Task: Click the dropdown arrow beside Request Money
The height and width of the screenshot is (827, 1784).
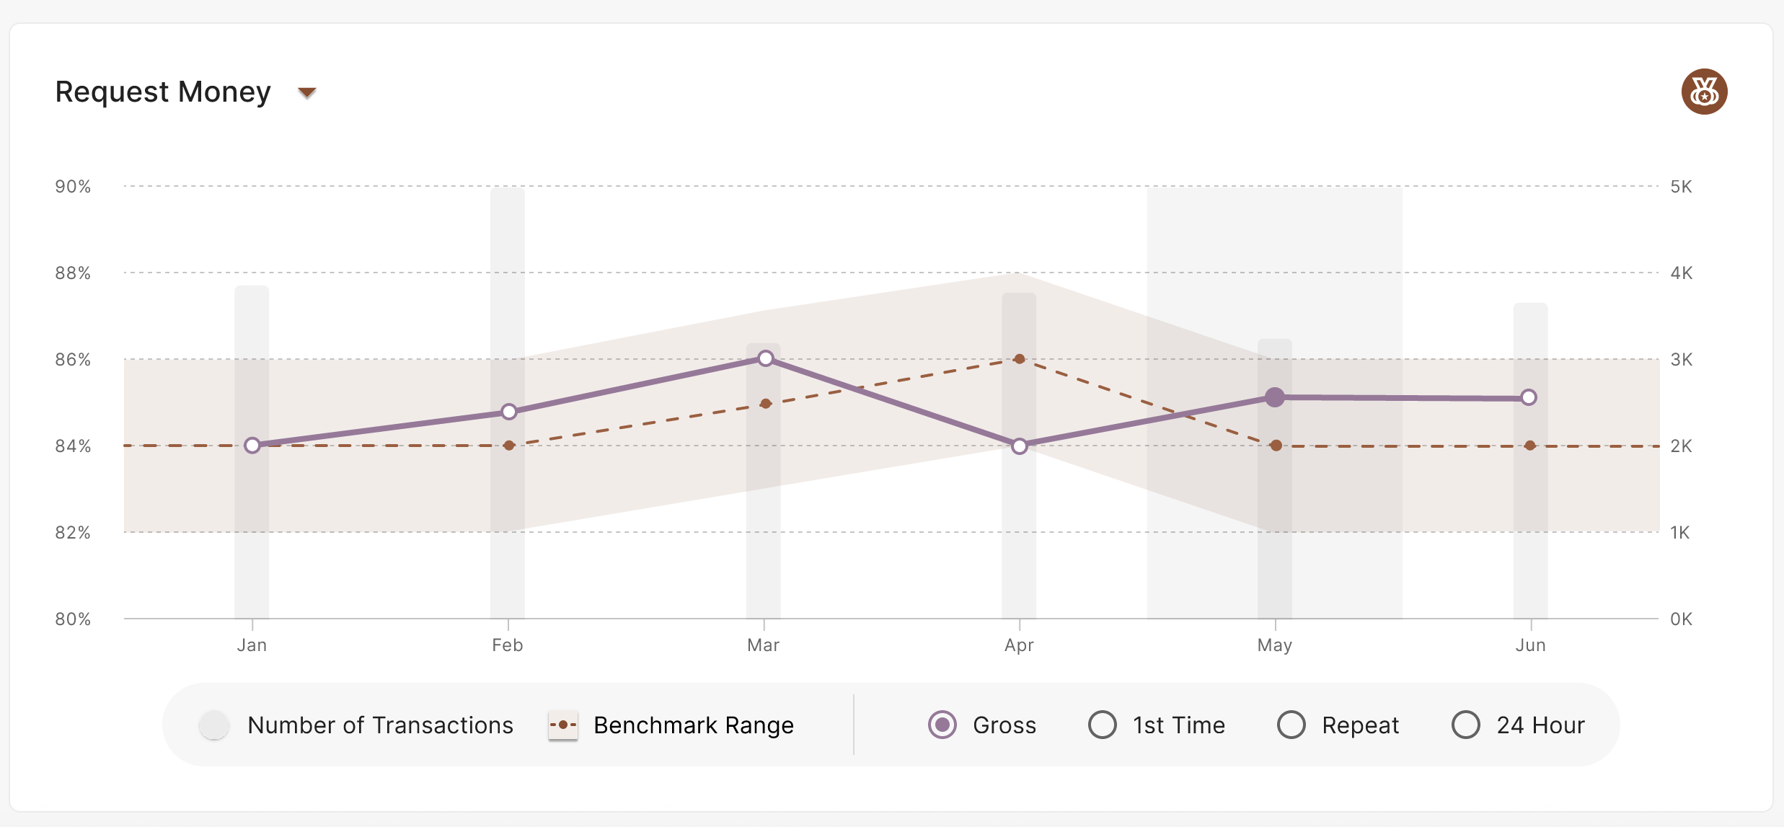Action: point(307,92)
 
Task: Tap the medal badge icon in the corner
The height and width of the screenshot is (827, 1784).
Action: point(1704,92)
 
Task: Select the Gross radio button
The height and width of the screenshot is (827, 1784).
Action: point(942,725)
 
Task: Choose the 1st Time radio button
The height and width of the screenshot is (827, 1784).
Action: point(1103,725)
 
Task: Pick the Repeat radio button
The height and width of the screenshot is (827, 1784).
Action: point(1291,725)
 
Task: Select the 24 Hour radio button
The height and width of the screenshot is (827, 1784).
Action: point(1466,725)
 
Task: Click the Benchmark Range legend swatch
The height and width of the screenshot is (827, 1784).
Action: point(562,725)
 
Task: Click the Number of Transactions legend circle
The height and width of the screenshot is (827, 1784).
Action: point(214,725)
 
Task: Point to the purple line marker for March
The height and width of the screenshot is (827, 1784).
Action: point(766,358)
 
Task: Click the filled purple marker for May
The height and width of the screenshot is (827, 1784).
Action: point(1275,397)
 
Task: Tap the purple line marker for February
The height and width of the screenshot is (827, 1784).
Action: point(509,412)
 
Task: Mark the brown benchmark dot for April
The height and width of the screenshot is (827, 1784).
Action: point(1020,359)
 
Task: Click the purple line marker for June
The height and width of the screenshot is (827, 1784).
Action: point(1529,397)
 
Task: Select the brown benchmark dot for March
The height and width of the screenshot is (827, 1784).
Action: point(766,404)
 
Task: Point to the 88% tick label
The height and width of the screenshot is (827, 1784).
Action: point(73,273)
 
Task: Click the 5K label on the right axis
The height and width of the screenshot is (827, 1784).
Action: point(1681,187)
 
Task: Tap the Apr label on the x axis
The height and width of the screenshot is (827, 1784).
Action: point(1019,645)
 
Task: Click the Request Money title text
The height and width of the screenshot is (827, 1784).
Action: point(163,92)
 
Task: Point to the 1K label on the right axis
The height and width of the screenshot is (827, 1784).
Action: point(1679,533)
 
